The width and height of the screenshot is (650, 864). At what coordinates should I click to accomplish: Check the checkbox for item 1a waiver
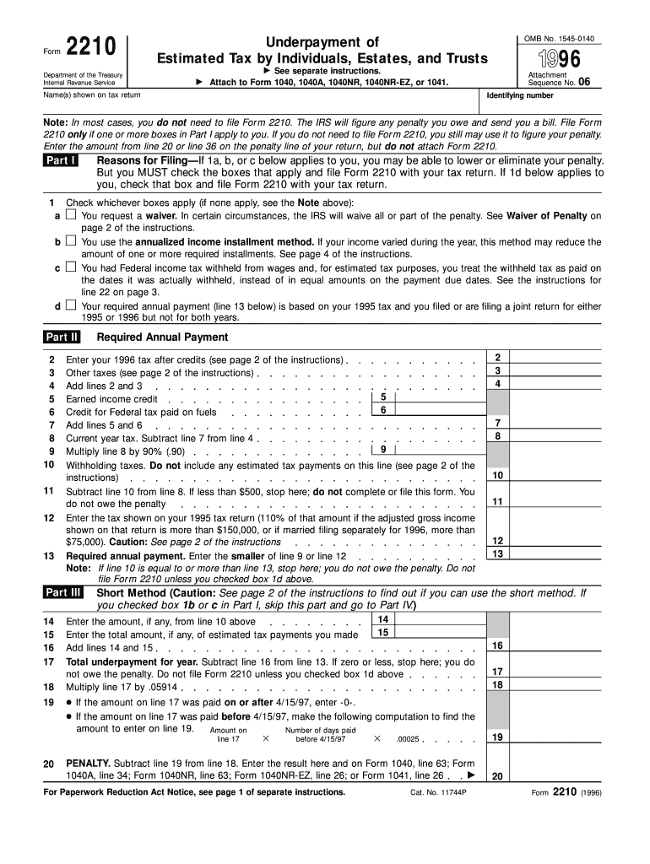pos(71,216)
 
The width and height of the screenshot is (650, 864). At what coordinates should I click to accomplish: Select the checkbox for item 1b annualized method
pos(71,242)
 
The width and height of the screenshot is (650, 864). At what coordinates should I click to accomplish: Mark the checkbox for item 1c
pos(71,267)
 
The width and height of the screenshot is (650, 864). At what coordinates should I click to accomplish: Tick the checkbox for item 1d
pos(71,305)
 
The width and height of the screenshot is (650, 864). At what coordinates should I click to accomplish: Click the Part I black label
pos(62,161)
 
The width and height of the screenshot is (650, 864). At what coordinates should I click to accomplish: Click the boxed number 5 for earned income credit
pos(383,397)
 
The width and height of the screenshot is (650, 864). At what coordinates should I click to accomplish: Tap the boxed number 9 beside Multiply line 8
pos(383,450)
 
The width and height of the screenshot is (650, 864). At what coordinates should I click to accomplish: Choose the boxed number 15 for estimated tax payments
pos(383,633)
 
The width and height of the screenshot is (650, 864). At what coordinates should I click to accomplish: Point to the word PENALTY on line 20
pos(88,763)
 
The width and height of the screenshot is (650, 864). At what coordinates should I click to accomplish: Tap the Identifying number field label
pos(521,96)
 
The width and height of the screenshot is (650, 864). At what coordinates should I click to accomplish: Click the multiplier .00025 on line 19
pos(408,739)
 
